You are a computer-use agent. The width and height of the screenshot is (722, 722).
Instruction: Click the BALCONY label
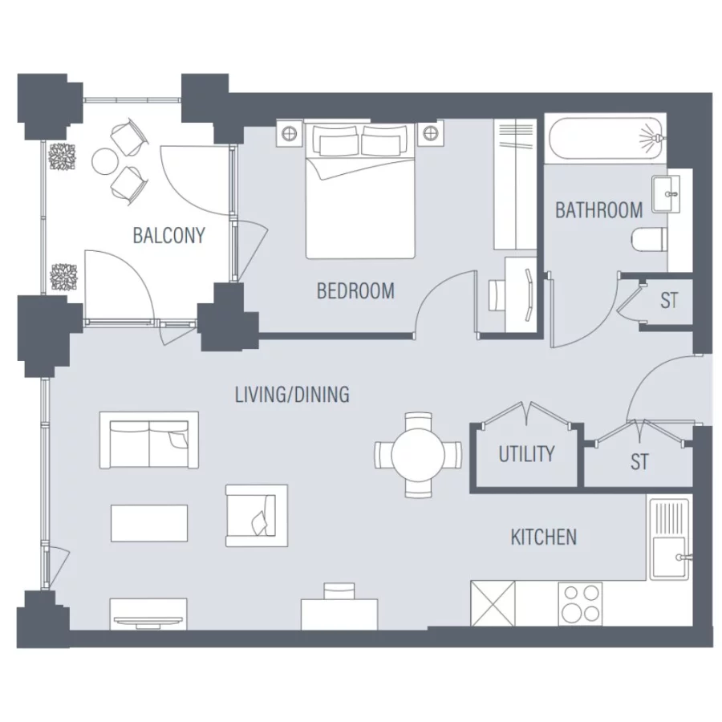(x=168, y=236)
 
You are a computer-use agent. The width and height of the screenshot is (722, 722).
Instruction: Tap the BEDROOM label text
(x=355, y=290)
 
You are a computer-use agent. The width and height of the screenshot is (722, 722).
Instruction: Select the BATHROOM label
(x=598, y=211)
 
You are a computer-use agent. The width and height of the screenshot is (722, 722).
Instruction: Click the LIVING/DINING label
(x=292, y=395)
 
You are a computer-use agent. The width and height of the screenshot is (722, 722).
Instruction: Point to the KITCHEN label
(x=543, y=537)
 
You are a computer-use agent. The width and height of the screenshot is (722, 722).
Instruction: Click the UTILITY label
(x=526, y=454)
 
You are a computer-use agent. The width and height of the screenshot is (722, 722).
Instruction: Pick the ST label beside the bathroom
(x=669, y=301)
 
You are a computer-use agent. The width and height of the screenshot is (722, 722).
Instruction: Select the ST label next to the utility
(x=639, y=462)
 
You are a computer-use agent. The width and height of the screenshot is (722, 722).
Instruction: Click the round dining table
(x=418, y=455)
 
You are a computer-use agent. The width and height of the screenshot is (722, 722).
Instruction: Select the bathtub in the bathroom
(x=606, y=138)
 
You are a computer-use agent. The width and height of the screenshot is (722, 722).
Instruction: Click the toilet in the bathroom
(x=648, y=239)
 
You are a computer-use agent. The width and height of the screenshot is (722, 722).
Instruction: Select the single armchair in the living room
(x=256, y=513)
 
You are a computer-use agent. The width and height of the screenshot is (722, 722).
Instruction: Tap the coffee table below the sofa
(x=149, y=522)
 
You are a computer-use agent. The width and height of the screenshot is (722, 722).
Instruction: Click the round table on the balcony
(x=105, y=161)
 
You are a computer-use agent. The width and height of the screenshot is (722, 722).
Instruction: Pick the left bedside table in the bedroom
(x=289, y=132)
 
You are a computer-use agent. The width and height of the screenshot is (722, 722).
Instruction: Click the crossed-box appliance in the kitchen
(x=491, y=603)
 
